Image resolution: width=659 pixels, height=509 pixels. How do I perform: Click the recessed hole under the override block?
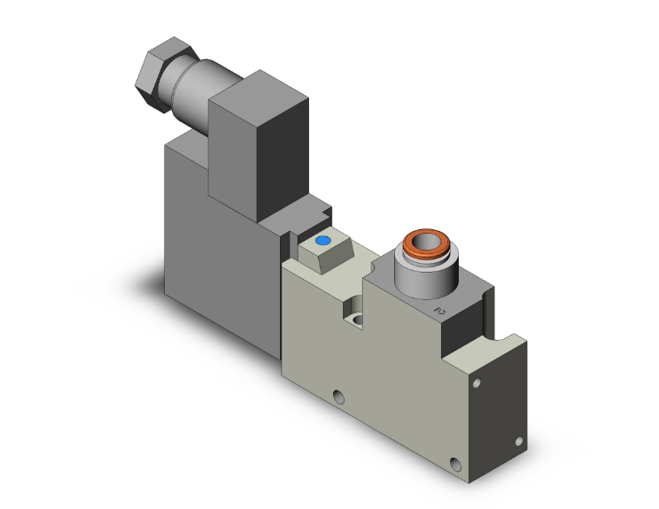356,320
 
